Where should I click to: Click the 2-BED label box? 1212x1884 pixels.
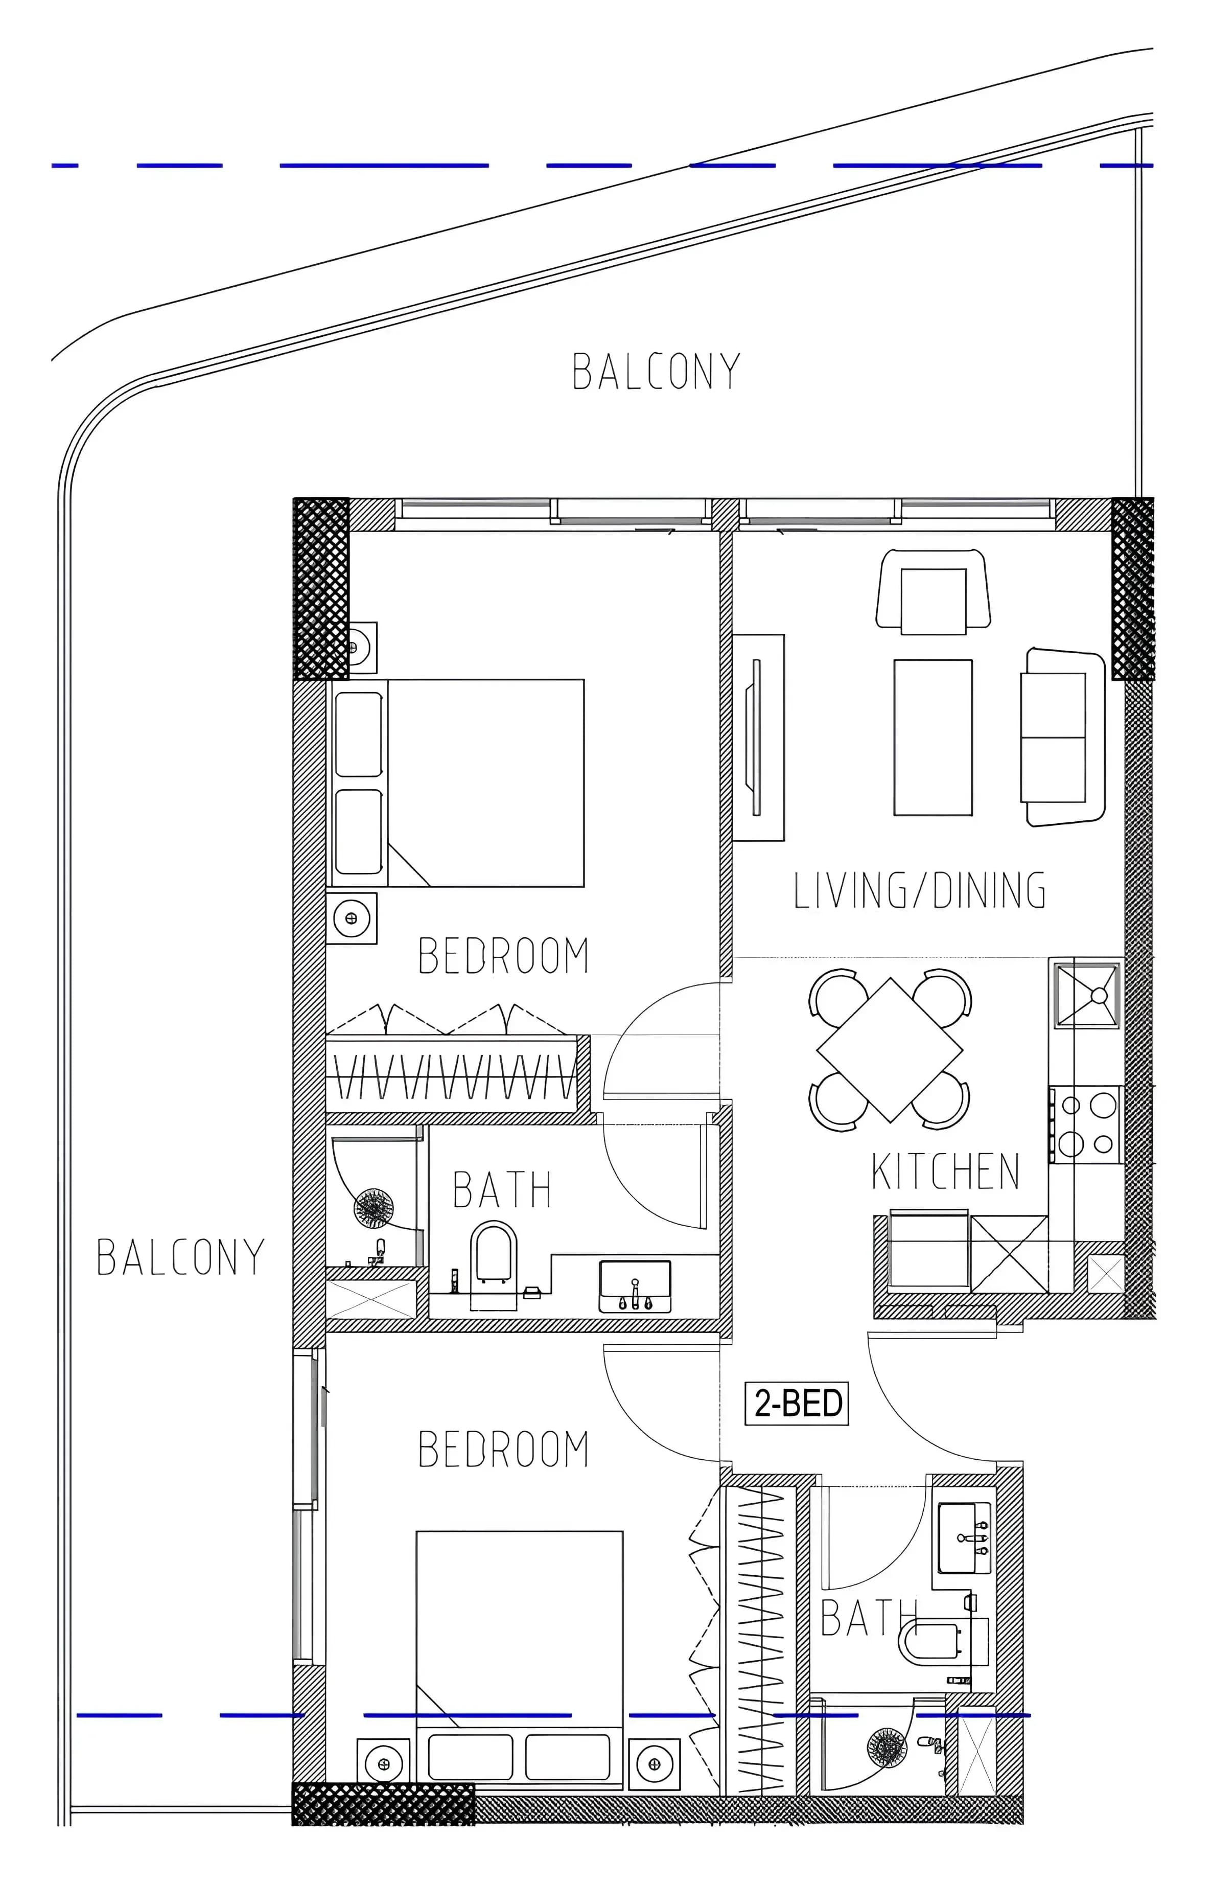click(797, 1403)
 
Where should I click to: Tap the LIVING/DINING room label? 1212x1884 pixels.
click(919, 890)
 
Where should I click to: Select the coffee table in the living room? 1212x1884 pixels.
click(933, 737)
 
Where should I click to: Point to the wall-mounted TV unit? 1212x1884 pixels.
click(759, 738)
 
